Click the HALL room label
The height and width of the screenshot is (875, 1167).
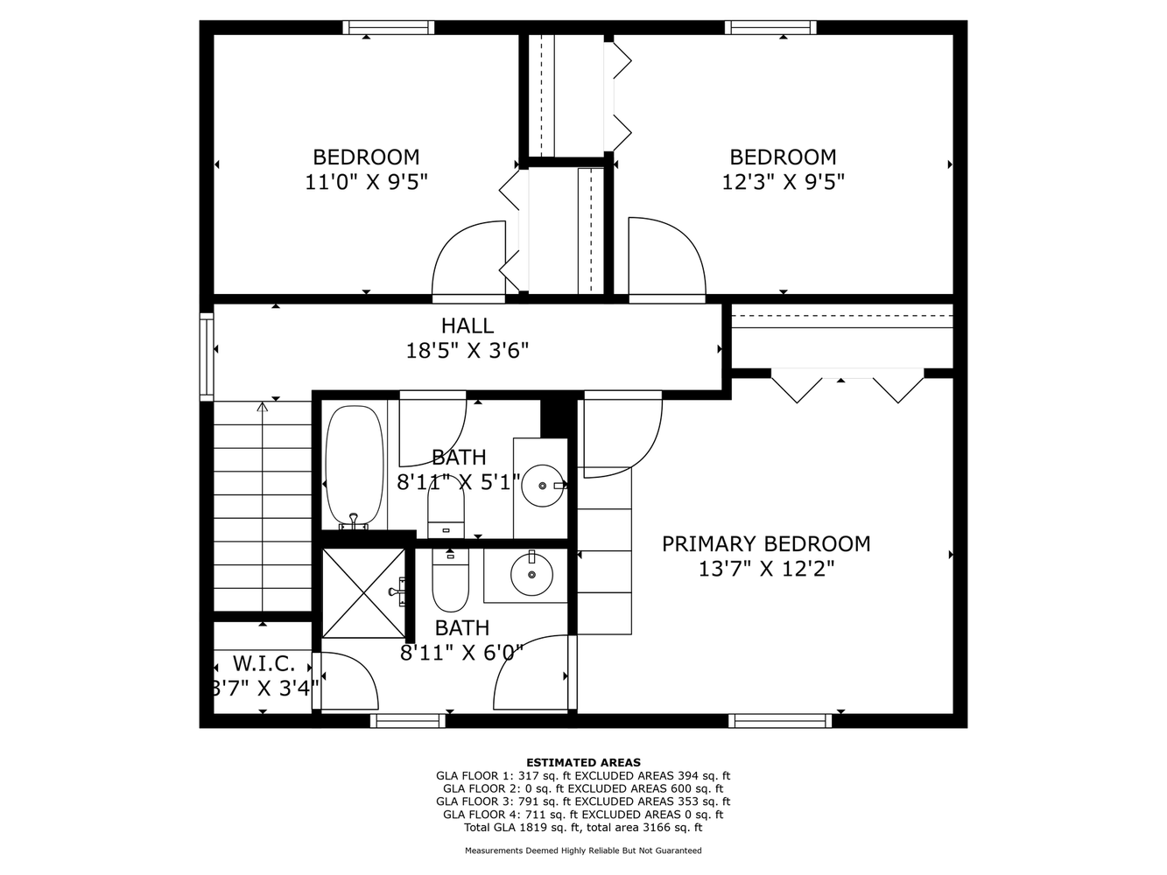coord(467,325)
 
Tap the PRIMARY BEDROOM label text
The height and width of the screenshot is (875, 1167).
coord(766,543)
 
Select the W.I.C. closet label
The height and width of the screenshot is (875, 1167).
coord(263,662)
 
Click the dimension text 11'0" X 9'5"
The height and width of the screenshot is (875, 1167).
coord(366,182)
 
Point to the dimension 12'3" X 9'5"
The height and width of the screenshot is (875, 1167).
coord(783,182)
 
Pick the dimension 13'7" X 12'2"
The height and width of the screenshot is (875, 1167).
coord(766,569)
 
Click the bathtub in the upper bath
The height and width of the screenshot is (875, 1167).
coord(354,465)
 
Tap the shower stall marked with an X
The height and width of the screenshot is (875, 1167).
coord(363,592)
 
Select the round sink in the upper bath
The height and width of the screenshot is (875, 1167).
coord(544,485)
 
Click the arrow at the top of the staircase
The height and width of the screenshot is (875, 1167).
coord(262,407)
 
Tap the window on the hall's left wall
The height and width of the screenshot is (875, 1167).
coord(207,357)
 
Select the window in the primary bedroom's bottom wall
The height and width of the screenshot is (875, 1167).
coord(780,721)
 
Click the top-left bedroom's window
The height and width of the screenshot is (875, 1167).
coord(388,27)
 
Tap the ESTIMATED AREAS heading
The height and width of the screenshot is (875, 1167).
coord(583,762)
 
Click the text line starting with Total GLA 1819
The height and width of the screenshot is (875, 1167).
coord(583,827)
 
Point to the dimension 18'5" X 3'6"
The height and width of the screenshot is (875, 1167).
coord(467,351)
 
